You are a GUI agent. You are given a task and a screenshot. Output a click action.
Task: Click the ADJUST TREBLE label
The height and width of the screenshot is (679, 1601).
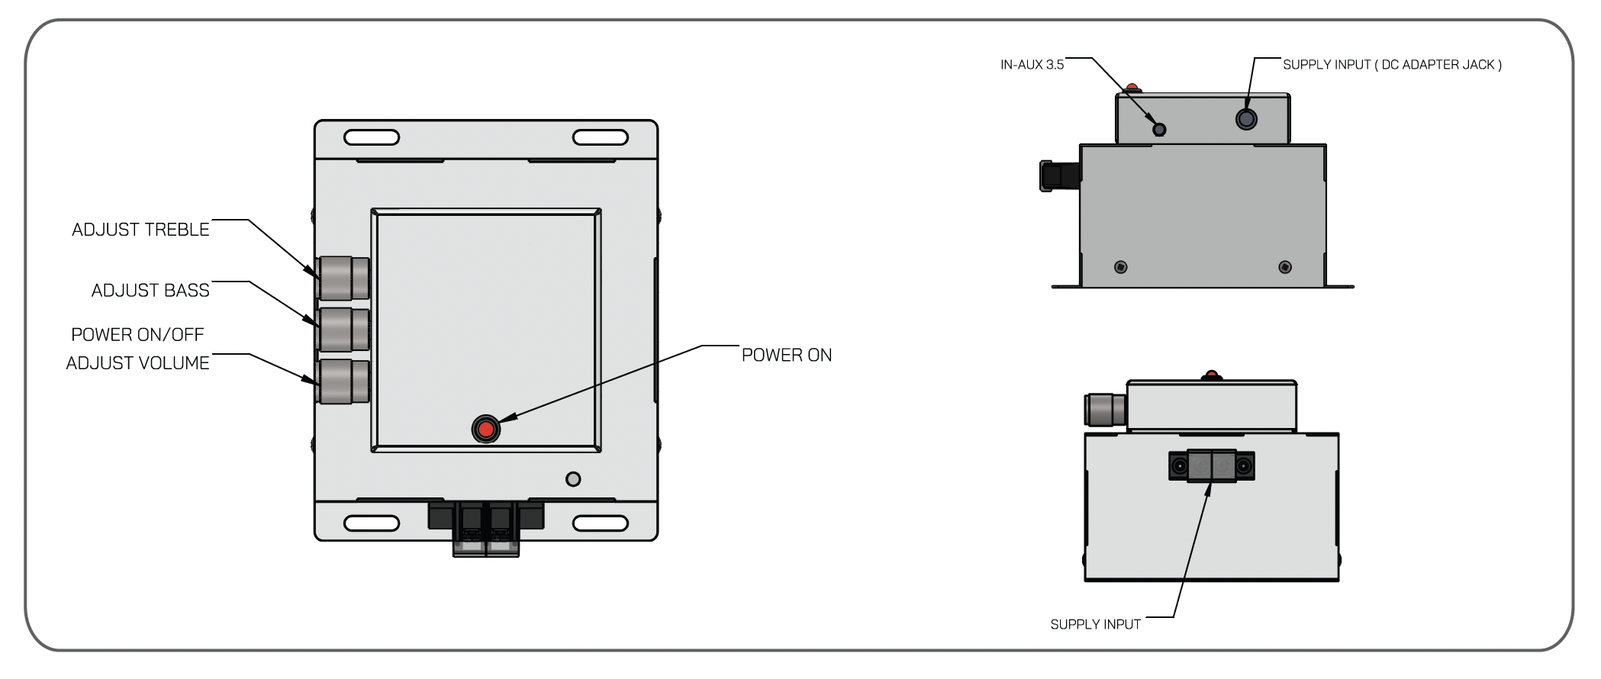coord(140,230)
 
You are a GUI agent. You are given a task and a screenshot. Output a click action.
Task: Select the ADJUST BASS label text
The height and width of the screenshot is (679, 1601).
coord(150,291)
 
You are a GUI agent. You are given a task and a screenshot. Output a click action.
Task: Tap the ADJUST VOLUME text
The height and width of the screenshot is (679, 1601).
coord(137,363)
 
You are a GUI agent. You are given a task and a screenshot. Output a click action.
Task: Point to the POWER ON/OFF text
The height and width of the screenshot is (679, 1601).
coord(137,335)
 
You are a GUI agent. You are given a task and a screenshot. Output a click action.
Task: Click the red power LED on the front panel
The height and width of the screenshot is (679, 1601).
coord(485,429)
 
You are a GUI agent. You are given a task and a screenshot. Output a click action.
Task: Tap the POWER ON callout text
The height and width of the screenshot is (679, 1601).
coord(786,356)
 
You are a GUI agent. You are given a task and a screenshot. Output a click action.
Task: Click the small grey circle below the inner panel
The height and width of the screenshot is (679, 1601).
coord(573,479)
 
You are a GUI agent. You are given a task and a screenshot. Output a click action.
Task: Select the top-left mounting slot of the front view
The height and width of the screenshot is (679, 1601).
coord(372,137)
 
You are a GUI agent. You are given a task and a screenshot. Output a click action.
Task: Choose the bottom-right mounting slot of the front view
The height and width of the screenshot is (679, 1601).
coord(600,523)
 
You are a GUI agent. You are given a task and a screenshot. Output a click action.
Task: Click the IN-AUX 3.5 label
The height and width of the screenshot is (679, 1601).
coord(1032,65)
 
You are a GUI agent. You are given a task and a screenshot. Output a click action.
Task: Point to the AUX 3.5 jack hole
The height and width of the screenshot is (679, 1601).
coord(1159,129)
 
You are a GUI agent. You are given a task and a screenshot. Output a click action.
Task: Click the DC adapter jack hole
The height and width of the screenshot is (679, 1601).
coord(1246,119)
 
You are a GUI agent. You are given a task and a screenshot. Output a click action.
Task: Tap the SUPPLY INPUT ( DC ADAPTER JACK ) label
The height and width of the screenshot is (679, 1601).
coord(1391,65)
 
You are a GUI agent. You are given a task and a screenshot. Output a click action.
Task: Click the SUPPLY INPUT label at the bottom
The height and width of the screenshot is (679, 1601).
coord(1095,625)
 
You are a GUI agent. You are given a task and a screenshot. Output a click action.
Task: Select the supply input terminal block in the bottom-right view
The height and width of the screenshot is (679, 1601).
coord(1211,465)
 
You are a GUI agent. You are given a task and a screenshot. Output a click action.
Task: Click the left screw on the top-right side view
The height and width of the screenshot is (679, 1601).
coord(1120,267)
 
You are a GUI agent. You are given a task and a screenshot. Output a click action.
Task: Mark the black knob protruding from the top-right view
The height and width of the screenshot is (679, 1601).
coord(1059,175)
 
